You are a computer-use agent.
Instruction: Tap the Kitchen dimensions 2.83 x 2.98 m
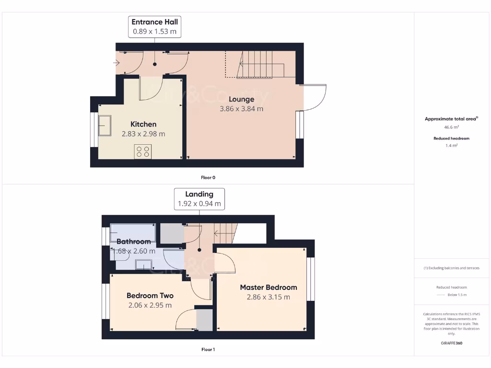[143, 134]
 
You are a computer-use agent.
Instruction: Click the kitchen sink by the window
[104, 126]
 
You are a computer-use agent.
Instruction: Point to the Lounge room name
[241, 99]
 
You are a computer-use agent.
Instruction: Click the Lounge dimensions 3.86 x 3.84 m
[241, 109]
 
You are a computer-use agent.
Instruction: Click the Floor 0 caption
[208, 178]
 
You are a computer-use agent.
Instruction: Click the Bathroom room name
[134, 241]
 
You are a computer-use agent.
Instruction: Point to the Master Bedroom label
[268, 287]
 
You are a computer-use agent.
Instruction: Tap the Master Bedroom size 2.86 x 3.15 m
[268, 297]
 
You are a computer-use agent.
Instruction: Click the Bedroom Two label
[150, 296]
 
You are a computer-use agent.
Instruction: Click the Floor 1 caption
[208, 350]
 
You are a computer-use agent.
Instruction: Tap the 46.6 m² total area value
[451, 127]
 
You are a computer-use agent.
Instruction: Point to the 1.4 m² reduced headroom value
[451, 146]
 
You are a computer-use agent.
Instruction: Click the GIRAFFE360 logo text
[451, 343]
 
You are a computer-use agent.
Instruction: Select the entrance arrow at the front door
[117, 63]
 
